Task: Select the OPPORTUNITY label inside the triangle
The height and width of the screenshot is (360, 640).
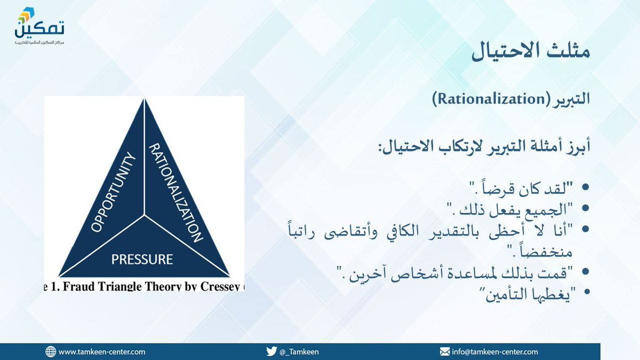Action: point(113,193)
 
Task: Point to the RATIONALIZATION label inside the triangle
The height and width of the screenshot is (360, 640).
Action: point(175,193)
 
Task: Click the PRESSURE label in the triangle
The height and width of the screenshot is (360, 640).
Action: point(142,260)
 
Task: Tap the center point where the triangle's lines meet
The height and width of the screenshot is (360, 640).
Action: point(144,215)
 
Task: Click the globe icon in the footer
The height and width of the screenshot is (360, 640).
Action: point(51,351)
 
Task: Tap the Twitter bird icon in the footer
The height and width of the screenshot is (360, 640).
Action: point(271,351)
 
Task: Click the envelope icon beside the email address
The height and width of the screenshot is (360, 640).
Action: point(444,351)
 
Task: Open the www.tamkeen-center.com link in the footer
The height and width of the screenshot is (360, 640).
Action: point(101,351)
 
